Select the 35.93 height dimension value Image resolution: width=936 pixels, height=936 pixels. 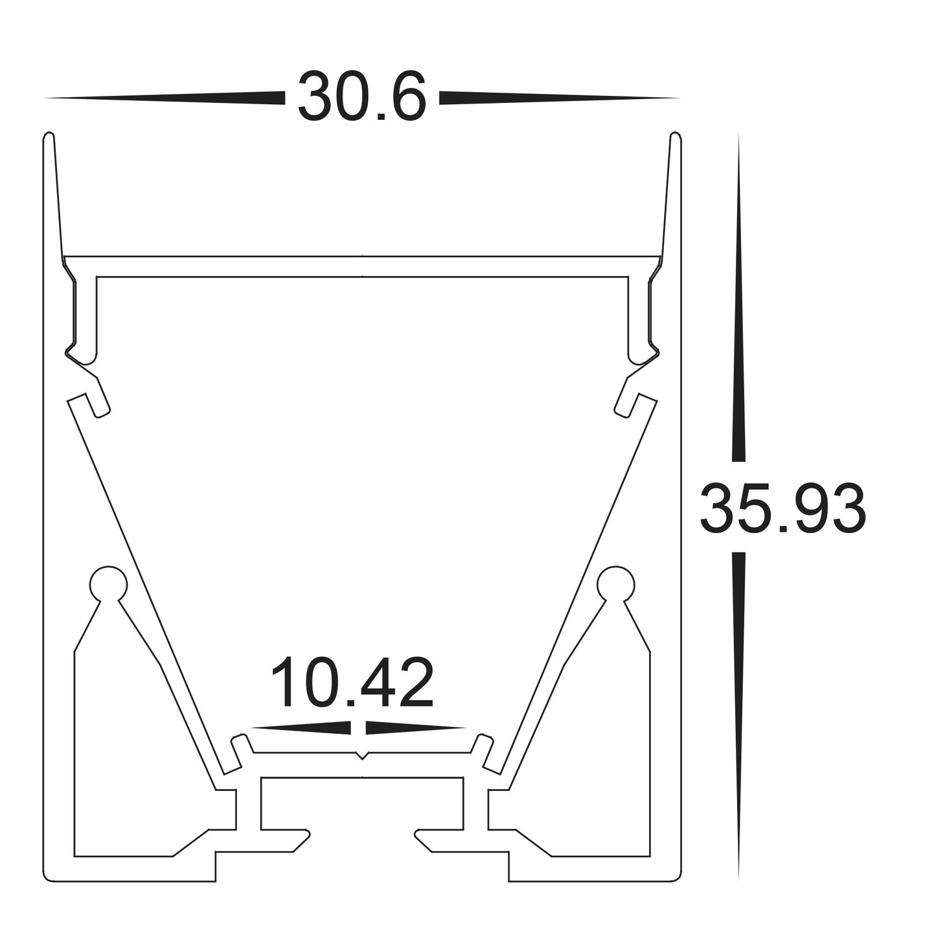click(x=782, y=508)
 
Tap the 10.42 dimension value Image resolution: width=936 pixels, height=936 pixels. click(x=352, y=683)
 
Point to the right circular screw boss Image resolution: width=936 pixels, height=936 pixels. click(x=616, y=584)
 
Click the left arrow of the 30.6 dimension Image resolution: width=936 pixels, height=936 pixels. click(x=165, y=98)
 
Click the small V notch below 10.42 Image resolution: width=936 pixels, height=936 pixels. click(x=363, y=755)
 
